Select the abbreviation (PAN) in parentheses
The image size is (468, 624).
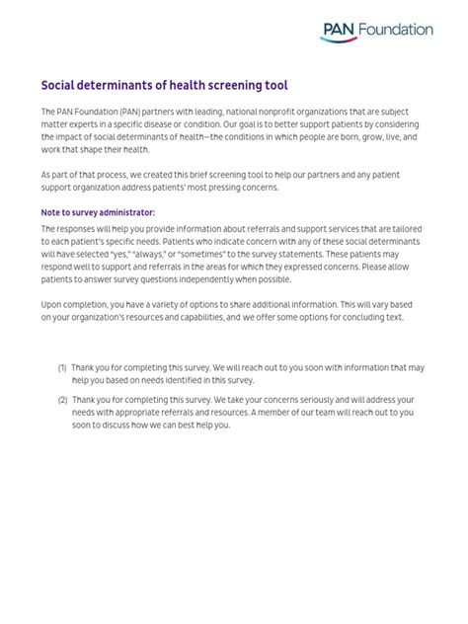pyautogui.click(x=123, y=112)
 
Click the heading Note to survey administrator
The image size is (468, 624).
pyautogui.click(x=98, y=212)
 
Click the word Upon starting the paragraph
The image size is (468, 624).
pyautogui.click(x=53, y=305)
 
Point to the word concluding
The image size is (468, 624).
pyautogui.click(x=363, y=318)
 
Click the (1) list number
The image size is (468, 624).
pyautogui.click(x=62, y=367)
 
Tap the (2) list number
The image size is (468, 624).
pyautogui.click(x=62, y=400)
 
